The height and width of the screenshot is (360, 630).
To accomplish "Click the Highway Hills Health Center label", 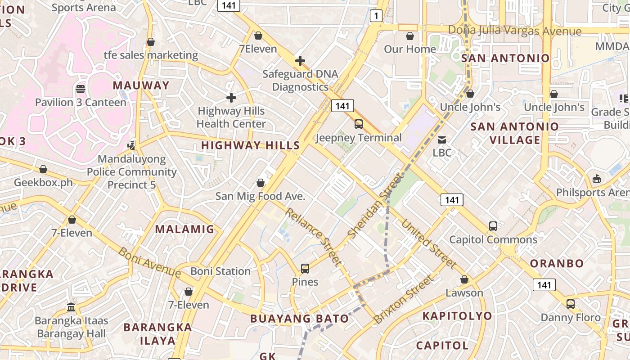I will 231,117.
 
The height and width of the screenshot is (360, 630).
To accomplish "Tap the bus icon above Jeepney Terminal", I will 359,124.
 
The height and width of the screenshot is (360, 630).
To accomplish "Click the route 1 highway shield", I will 376,16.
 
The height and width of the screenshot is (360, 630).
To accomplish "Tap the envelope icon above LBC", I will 442,139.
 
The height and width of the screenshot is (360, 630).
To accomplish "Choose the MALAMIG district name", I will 184,229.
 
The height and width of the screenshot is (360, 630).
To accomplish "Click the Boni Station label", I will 220,271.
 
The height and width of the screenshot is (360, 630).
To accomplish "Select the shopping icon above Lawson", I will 464,279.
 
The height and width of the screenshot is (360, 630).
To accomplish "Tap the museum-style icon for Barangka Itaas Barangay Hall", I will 71,307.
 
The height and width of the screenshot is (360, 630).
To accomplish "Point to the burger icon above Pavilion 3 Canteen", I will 81,89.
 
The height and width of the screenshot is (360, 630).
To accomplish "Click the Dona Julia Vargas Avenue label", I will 515,31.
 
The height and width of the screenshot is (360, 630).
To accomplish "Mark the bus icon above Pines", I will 305,269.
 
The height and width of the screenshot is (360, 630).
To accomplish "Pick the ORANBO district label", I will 557,263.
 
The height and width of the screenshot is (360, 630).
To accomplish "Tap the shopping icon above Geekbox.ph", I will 43,169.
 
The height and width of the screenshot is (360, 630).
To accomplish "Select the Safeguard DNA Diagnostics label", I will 300,80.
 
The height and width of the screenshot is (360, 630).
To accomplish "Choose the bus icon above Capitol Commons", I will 493,226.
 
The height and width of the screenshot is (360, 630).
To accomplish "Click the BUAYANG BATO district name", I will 299,319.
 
